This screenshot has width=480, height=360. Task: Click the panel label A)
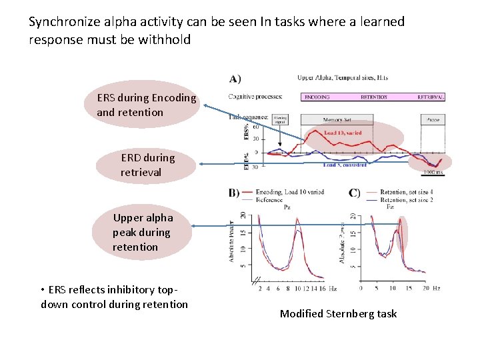(x=235, y=79)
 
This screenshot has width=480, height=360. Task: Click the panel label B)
(x=234, y=193)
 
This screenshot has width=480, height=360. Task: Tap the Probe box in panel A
(x=433, y=120)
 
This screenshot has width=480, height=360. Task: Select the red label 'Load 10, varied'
(x=343, y=133)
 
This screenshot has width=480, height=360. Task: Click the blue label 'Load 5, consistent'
(x=345, y=165)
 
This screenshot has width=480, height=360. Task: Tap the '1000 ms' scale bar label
(x=433, y=173)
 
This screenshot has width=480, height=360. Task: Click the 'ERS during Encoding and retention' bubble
(x=147, y=105)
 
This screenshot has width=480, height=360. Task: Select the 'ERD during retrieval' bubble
(x=147, y=165)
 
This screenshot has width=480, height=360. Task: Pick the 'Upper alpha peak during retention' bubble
(x=143, y=232)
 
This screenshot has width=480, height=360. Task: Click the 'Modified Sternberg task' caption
(x=338, y=313)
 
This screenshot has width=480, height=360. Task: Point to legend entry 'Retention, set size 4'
(x=406, y=191)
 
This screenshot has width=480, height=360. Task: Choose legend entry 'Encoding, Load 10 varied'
(x=290, y=191)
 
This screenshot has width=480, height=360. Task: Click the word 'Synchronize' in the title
(x=61, y=21)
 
